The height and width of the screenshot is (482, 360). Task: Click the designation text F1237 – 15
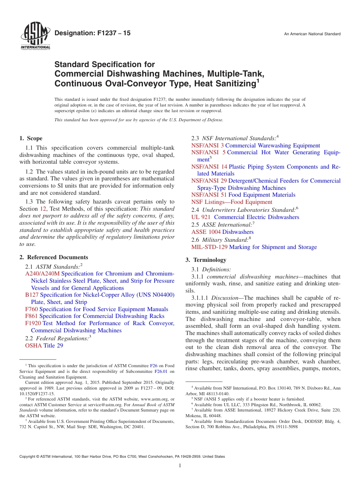click(x=92, y=33)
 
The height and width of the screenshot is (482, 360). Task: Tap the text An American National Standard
click(x=312, y=34)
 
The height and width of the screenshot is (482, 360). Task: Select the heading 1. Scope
click(x=31, y=138)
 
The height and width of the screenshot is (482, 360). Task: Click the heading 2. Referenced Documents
click(x=54, y=257)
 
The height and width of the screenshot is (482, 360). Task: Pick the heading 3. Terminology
click(x=206, y=260)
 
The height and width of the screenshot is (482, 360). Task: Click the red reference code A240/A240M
click(x=42, y=274)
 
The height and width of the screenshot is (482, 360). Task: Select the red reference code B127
click(x=32, y=295)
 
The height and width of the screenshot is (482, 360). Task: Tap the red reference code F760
click(x=31, y=309)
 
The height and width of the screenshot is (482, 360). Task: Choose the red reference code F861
click(x=31, y=316)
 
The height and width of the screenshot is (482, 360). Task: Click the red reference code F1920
click(x=33, y=323)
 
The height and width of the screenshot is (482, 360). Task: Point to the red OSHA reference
click(x=33, y=346)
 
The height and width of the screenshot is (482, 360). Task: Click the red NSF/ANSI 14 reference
click(x=209, y=167)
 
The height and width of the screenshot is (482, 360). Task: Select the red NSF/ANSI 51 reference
click(x=209, y=195)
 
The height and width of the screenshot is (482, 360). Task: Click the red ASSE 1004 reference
click(x=206, y=232)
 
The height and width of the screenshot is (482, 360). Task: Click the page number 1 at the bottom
click(x=180, y=466)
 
